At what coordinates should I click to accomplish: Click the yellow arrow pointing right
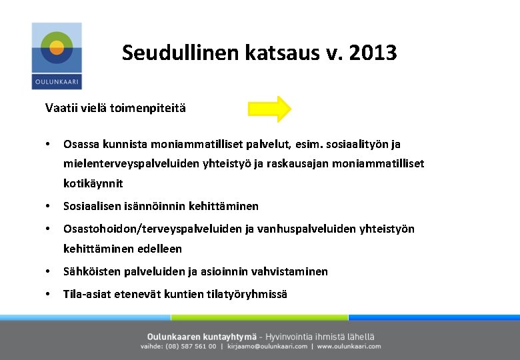coord(269,109)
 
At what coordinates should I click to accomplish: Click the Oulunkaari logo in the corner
coord(57,56)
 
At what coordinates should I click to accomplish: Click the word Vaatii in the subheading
coord(59,107)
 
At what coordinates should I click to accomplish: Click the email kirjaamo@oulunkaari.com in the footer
coord(267,347)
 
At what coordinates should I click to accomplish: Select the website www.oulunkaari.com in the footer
coord(349,347)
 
